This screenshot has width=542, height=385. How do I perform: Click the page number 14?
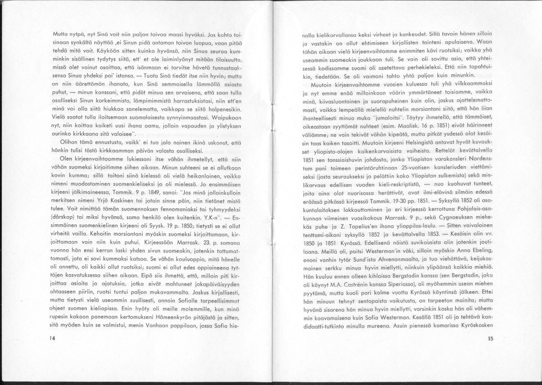pos(53,338)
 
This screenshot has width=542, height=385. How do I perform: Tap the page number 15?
pos(491,339)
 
